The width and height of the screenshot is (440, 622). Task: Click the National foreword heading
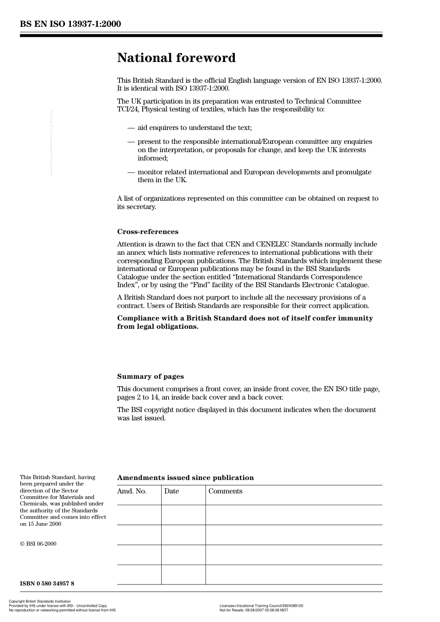pyautogui.click(x=176, y=58)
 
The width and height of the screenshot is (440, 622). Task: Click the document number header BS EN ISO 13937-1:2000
pyautogui.click(x=70, y=24)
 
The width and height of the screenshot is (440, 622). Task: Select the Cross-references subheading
pyautogui.click(x=147, y=232)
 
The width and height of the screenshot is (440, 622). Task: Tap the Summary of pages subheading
pyautogui.click(x=150, y=376)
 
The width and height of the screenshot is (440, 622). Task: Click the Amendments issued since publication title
pyautogui.click(x=185, y=478)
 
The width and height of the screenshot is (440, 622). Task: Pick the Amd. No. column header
pyautogui.click(x=132, y=491)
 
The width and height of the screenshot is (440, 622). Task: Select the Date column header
pyautogui.click(x=171, y=491)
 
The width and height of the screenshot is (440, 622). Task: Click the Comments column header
pyautogui.click(x=225, y=491)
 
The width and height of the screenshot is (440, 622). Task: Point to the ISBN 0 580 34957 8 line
pyautogui.click(x=47, y=584)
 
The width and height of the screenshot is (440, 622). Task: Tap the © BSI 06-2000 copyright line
pyautogui.click(x=38, y=544)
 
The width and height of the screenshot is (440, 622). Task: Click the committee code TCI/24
pyautogui.click(x=128, y=110)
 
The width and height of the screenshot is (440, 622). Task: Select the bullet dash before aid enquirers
pyautogui.click(x=131, y=128)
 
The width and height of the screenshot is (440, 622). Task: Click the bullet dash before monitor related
pyautogui.click(x=131, y=172)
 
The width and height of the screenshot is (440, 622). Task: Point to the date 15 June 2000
pyautogui.click(x=44, y=524)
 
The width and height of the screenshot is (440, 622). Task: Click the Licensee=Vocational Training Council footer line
pyautogui.click(x=261, y=606)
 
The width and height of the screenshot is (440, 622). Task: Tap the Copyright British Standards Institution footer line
pyautogui.click(x=40, y=602)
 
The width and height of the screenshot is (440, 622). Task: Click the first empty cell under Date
pyautogui.click(x=183, y=515)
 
